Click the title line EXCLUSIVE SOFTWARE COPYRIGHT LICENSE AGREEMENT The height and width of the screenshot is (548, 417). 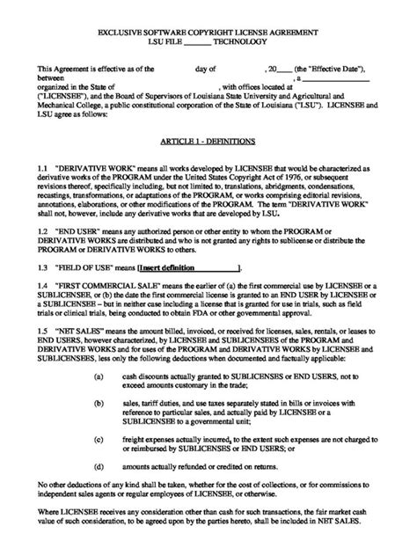click(x=208, y=32)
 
